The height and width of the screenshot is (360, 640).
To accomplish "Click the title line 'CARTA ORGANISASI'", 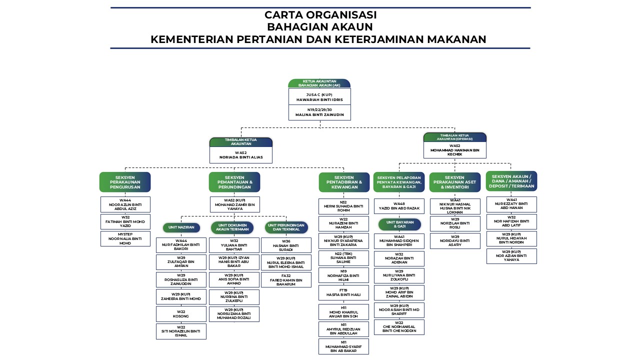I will (x=320, y=15).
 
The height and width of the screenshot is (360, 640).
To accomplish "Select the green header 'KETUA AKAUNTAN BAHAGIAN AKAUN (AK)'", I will (x=319, y=83).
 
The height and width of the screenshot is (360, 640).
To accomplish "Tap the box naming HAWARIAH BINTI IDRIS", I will (x=319, y=97).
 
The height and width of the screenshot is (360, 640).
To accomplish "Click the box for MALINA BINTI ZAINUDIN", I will (x=319, y=112).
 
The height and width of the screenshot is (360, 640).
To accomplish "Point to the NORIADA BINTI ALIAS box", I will (x=240, y=155).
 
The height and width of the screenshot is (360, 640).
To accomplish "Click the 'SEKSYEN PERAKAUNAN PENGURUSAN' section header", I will (x=125, y=182).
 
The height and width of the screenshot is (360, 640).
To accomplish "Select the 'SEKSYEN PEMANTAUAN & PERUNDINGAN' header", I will (x=234, y=182).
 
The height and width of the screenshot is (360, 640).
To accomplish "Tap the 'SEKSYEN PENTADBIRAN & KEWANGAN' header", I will (x=343, y=182).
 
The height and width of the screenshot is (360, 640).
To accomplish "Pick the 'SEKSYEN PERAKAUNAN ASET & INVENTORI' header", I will (x=454, y=182).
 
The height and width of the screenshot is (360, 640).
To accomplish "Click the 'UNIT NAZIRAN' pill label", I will (x=181, y=227).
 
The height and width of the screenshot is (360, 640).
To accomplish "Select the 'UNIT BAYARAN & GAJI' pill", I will (x=398, y=224).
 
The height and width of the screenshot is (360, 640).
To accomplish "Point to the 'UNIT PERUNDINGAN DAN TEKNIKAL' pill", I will (x=286, y=227).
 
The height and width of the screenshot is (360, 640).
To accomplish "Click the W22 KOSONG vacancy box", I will (x=181, y=314).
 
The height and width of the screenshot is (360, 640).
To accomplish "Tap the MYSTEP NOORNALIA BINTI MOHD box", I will (x=125, y=238).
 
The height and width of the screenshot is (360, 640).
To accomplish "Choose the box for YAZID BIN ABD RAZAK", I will (x=399, y=206).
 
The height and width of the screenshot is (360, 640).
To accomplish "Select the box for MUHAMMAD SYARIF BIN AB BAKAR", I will (x=343, y=346).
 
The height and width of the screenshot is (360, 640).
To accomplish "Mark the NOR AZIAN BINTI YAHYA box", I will (x=511, y=256).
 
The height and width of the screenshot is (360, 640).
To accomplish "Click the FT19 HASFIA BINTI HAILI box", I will (x=343, y=292).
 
